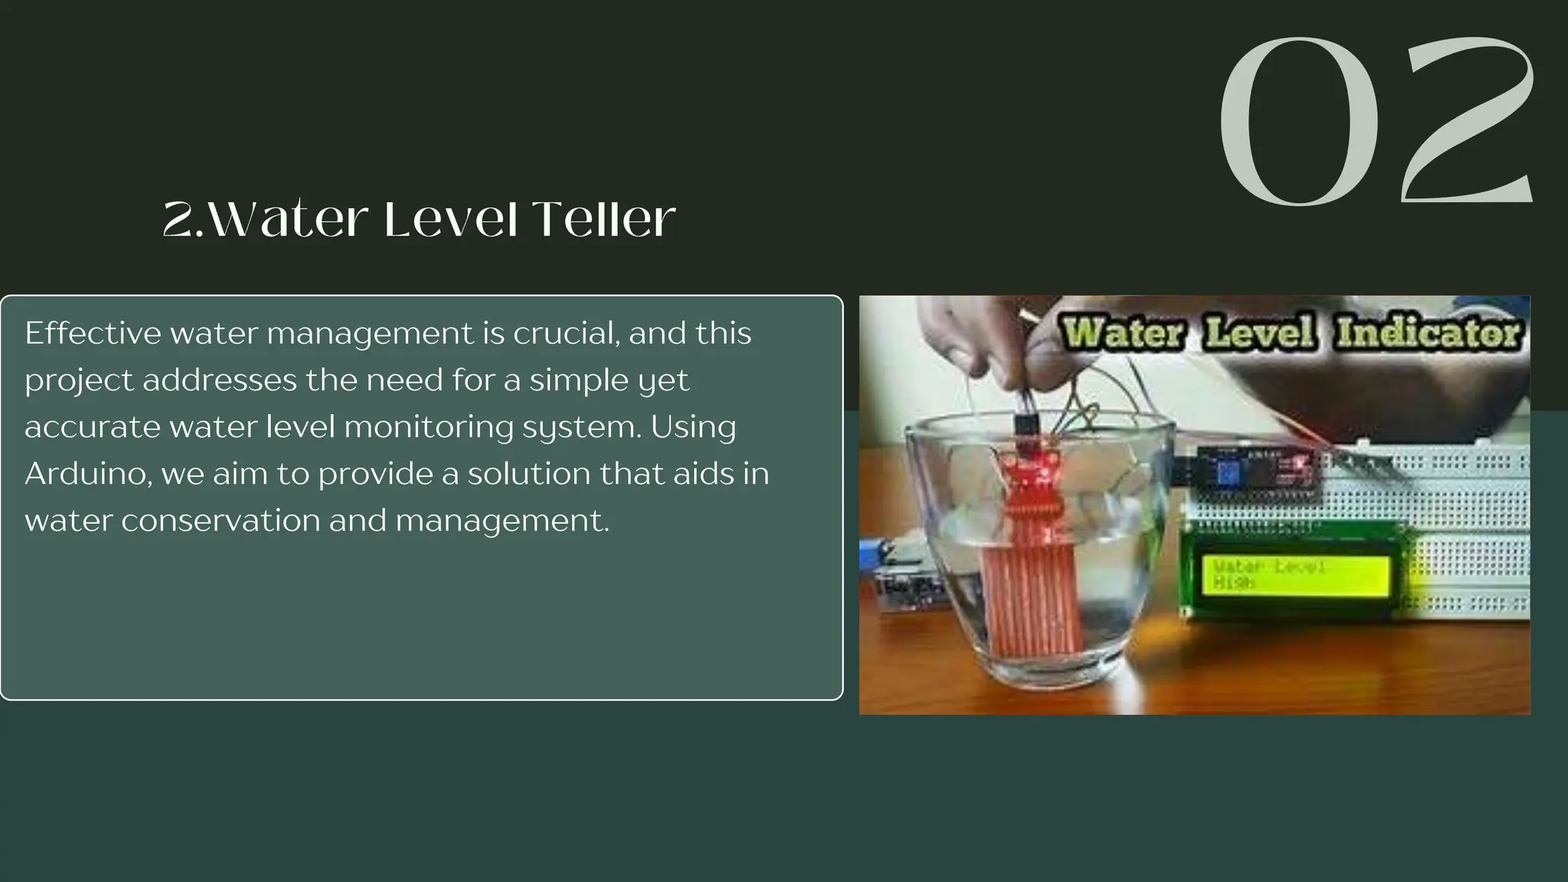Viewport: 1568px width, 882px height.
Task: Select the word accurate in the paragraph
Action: point(92,427)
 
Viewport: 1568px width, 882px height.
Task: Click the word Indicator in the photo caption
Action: point(1428,333)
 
